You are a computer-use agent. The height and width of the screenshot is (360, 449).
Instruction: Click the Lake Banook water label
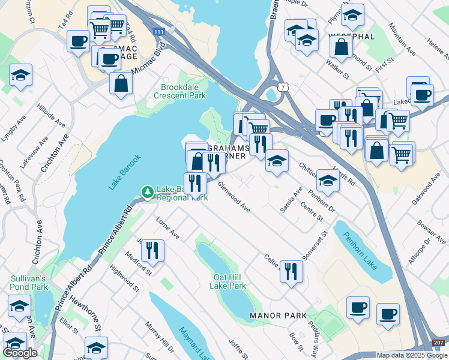pos(125,173)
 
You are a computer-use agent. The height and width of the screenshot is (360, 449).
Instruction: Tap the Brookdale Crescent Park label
pos(179,91)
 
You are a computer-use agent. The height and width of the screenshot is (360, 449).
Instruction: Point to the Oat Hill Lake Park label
pos(228,281)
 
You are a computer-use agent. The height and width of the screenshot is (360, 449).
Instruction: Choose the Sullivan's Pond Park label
pos(28,283)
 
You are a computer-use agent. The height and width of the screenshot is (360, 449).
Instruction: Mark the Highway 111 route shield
pos(158,31)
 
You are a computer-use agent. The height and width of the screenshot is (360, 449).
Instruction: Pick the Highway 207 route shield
pos(438,342)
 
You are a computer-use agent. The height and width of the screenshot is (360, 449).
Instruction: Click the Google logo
pos(20,353)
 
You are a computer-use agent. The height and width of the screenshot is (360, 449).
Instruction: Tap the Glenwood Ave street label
pos(234,197)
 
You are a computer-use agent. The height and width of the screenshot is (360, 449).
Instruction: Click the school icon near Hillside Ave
pos(21,75)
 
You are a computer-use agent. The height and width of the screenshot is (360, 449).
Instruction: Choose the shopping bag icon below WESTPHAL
pos(341,47)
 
